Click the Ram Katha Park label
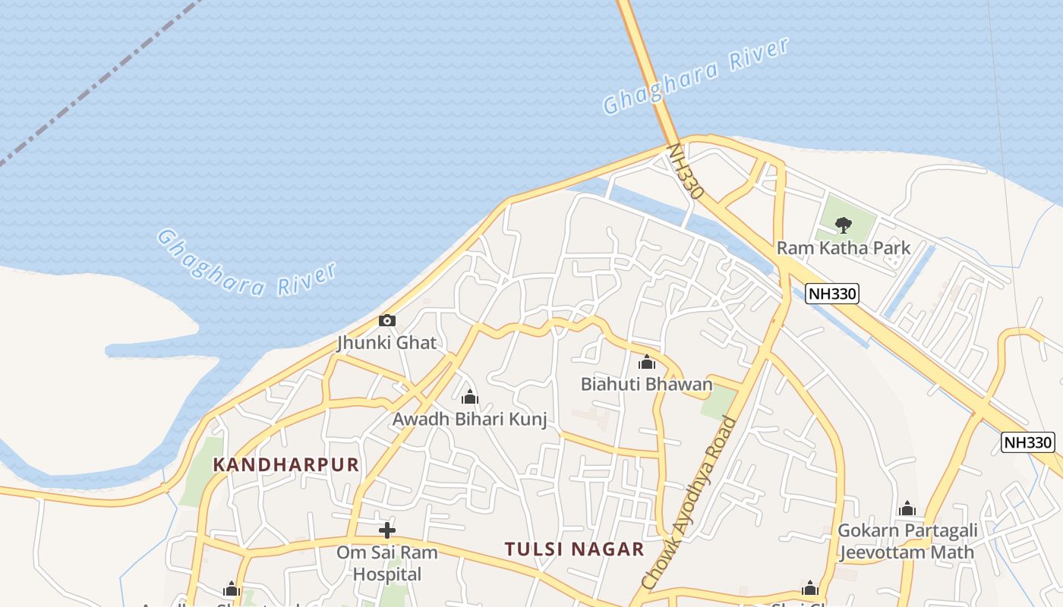click(x=843, y=248)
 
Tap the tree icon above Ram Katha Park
click(x=843, y=225)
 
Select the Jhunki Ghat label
click(x=387, y=343)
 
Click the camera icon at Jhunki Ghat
click(x=387, y=320)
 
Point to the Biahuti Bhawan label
click(x=647, y=384)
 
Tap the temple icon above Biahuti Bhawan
click(x=647, y=363)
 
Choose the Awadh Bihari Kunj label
click(x=469, y=419)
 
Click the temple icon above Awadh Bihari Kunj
click(x=469, y=397)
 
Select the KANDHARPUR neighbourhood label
click(x=285, y=464)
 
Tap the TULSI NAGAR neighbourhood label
click(x=575, y=549)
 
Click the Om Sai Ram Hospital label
click(x=387, y=563)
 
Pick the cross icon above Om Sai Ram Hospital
click(x=387, y=530)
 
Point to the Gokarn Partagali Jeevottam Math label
click(x=907, y=541)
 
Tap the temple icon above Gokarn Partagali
click(x=907, y=508)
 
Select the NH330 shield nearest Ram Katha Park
click(x=832, y=294)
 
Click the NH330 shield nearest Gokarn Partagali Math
click(x=1028, y=442)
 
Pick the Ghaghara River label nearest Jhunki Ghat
click(x=247, y=262)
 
